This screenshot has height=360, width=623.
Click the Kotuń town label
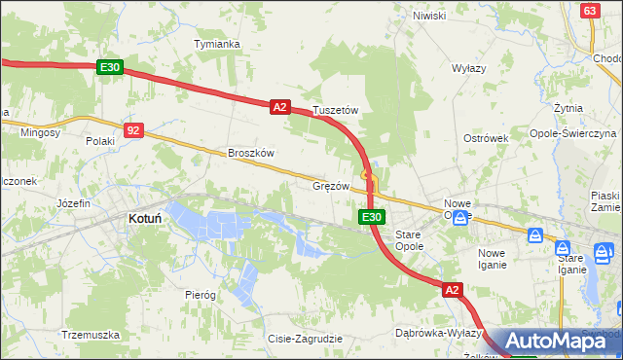pyautogui.click(x=144, y=220)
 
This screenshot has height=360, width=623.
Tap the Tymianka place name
pyautogui.click(x=216, y=44)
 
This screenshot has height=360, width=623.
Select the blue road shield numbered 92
pyautogui.click(x=134, y=129)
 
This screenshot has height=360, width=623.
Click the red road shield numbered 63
pyautogui.click(x=590, y=10)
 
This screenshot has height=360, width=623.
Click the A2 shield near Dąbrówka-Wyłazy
pyautogui.click(x=452, y=290)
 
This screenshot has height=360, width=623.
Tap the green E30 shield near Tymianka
pyautogui.click(x=110, y=67)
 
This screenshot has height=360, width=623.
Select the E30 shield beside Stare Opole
pyautogui.click(x=370, y=217)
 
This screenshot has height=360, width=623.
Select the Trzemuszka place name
pyautogui.click(x=90, y=335)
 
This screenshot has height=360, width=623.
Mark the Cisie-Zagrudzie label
pyautogui.click(x=305, y=339)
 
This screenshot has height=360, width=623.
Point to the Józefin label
pyautogui.click(x=73, y=203)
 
